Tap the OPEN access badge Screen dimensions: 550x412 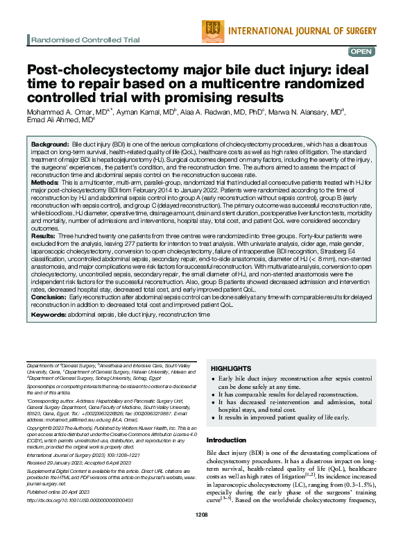361,51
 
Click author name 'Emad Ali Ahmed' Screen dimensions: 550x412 53,119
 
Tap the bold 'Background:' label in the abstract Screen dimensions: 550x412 49,142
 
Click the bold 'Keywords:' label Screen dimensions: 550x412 49,315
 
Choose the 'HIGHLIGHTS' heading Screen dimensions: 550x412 231,367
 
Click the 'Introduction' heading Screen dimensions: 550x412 227,440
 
